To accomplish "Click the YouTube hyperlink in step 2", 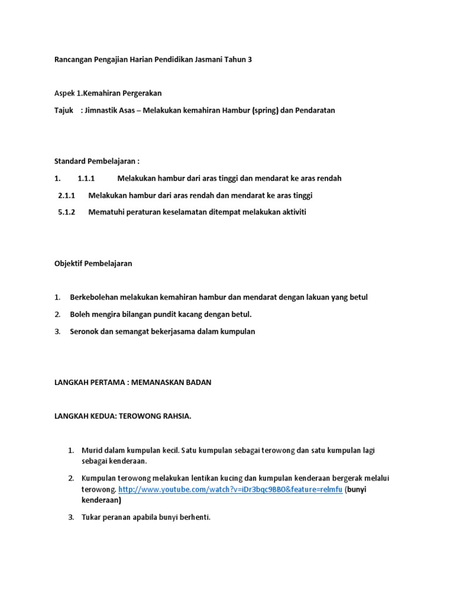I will pyautogui.click(x=230, y=489).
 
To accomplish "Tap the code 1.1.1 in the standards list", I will pyautogui.click(x=86, y=178).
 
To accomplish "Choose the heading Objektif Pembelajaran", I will pyautogui.click(x=93, y=264).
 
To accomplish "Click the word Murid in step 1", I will pyautogui.click(x=93, y=451).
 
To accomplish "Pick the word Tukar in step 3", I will pyautogui.click(x=91, y=518).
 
